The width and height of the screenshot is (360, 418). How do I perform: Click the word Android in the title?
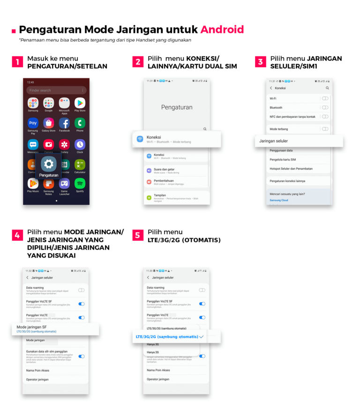click(222, 30)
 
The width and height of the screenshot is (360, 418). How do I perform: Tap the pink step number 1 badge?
click(17, 62)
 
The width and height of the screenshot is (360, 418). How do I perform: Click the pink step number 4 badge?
click(17, 235)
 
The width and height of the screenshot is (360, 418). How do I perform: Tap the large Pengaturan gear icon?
click(49, 164)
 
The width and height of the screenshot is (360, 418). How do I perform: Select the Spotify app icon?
click(80, 183)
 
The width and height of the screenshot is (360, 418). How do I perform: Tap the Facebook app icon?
click(64, 123)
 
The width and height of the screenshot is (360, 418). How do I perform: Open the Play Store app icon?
click(80, 103)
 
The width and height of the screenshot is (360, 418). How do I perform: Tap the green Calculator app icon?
click(80, 164)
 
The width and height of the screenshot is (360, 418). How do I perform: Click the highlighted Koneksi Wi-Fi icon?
click(140, 139)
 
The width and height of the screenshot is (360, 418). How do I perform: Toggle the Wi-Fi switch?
click(325, 99)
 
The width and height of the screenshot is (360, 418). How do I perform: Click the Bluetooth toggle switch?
click(325, 107)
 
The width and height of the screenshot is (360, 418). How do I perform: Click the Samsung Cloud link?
click(279, 200)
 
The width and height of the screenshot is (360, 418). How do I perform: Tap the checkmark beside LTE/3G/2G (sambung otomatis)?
click(202, 336)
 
